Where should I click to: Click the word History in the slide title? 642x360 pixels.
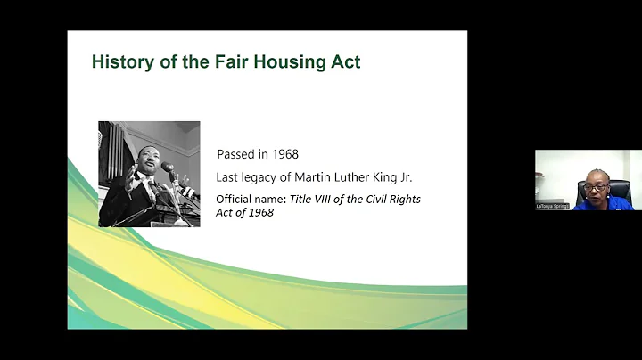(x=119, y=62)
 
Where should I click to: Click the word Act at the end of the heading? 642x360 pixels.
(x=345, y=62)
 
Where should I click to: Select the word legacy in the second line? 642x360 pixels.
(x=267, y=176)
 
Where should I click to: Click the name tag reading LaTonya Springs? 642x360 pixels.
(x=553, y=206)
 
